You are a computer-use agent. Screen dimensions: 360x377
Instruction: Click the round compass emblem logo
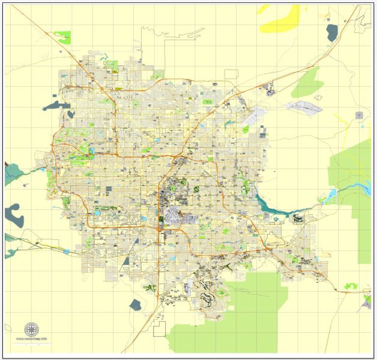(31, 329)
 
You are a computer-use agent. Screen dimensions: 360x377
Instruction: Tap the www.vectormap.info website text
(31, 340)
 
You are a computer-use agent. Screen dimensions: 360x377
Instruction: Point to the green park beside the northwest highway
(62, 37)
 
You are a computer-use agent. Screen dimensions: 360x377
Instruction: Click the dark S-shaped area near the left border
(13, 214)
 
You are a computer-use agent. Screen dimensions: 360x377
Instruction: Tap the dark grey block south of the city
(135, 304)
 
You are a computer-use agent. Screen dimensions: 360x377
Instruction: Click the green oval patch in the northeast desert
(307, 83)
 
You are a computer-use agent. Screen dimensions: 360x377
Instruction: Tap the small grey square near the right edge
(360, 114)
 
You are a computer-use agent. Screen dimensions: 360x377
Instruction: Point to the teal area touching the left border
(11, 174)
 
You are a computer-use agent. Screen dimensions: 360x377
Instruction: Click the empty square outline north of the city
(231, 74)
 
